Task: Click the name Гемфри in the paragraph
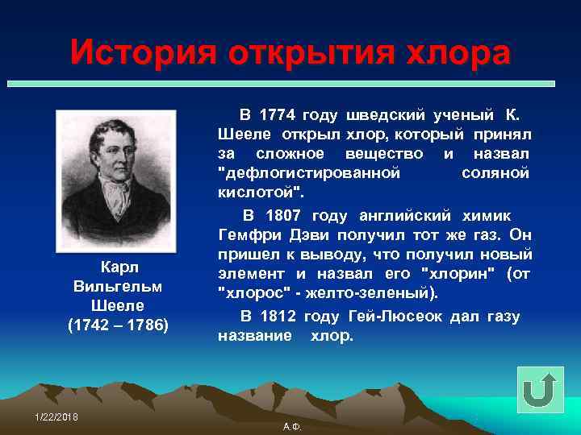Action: pyautogui.click(x=248, y=235)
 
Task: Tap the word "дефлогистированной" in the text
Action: pyautogui.click(x=309, y=172)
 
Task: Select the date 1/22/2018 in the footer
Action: pyautogui.click(x=56, y=415)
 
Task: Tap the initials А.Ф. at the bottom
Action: pyautogui.click(x=292, y=425)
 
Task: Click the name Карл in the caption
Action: pyautogui.click(x=117, y=267)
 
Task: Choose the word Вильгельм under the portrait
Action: pyautogui.click(x=117, y=286)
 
